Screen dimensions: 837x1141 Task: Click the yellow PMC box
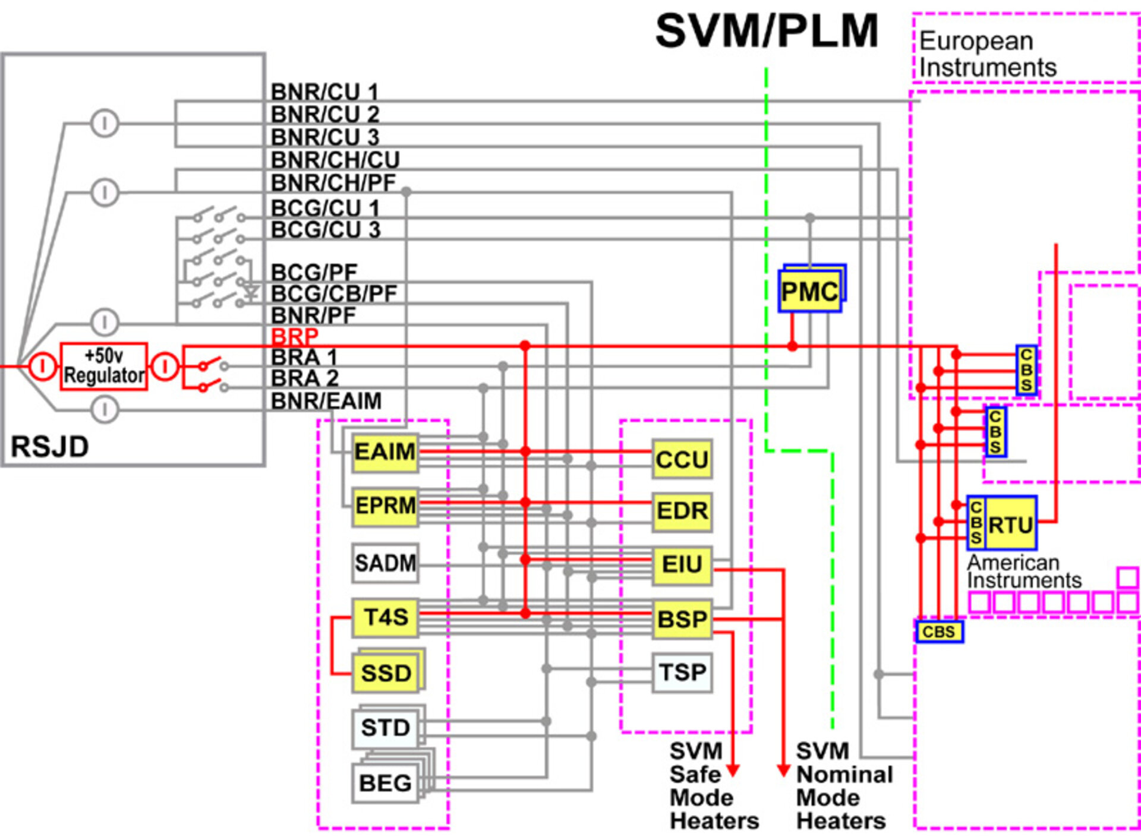tap(809, 291)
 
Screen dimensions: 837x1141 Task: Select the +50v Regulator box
tap(103, 367)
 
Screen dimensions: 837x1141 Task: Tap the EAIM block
tap(384, 453)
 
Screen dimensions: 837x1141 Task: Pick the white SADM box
tap(384, 563)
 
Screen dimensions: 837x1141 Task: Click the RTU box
tap(1010, 524)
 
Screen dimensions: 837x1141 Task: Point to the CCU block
tap(682, 459)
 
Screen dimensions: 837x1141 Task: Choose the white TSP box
tap(682, 672)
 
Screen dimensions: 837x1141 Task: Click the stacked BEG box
tap(385, 784)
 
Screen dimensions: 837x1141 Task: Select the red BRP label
tap(295, 337)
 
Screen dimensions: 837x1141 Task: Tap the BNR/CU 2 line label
tap(325, 114)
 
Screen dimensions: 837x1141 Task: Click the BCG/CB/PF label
tap(334, 293)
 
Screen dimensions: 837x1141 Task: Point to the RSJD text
tap(50, 447)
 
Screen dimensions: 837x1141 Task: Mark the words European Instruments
tap(987, 54)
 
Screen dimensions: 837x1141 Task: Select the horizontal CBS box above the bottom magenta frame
tap(939, 631)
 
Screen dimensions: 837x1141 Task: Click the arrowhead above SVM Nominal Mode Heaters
tap(783, 770)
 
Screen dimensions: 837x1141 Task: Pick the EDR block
tap(682, 511)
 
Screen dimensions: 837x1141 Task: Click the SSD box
tap(386, 673)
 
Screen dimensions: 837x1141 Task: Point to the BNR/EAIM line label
tap(326, 401)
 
